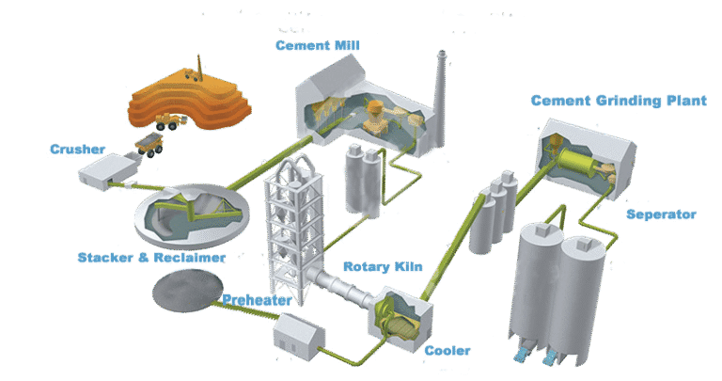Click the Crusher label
tap(79, 149)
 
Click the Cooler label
tap(447, 350)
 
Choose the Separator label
tap(662, 214)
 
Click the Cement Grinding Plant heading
tap(618, 101)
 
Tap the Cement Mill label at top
tap(317, 45)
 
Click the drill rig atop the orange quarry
tap(198, 67)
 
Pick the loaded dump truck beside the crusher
tap(149, 143)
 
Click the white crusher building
tap(105, 173)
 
